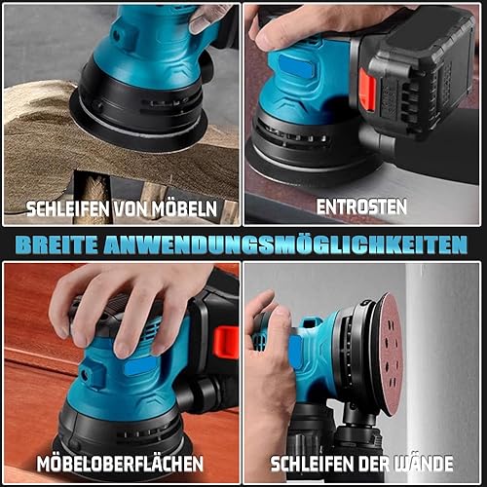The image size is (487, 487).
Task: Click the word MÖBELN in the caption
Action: coord(185,208)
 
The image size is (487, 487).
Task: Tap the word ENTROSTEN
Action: coord(361,206)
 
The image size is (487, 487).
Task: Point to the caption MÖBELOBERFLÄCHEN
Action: coord(120,464)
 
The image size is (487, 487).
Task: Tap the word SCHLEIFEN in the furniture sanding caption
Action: coord(68,208)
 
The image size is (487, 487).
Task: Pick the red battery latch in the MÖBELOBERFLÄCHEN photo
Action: coord(226,343)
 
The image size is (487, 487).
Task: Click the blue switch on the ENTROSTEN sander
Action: coord(296,66)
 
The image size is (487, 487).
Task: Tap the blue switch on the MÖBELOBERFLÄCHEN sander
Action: coord(140,367)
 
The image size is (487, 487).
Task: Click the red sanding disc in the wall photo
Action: coord(390,354)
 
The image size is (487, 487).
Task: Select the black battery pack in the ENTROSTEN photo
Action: coord(416,71)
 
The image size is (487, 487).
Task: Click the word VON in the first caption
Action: coord(131,208)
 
